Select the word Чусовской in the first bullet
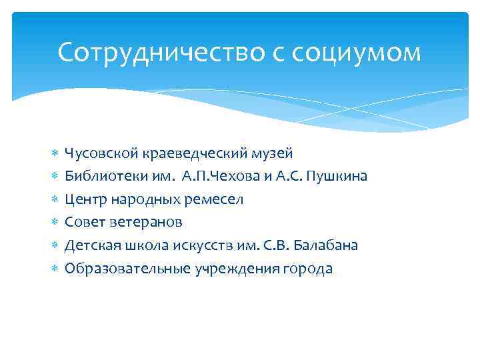[x=100, y=154]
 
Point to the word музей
[x=273, y=154]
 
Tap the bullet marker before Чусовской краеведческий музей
[x=54, y=155]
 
